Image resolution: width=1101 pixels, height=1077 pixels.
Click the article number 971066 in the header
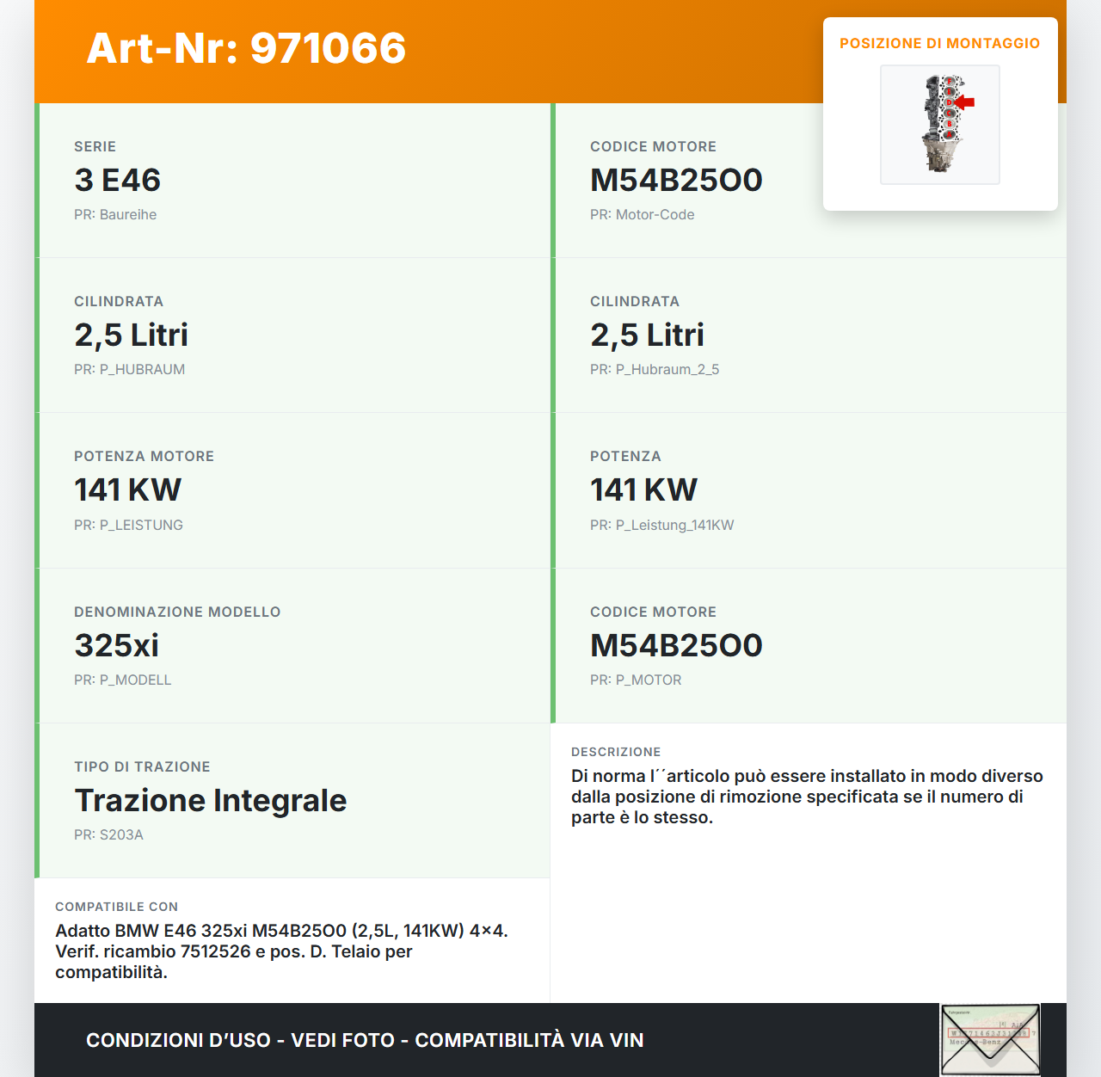click(x=328, y=48)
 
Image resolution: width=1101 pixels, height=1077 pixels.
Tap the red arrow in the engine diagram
click(x=965, y=102)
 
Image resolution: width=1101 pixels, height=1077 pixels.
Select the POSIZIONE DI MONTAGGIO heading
click(x=939, y=43)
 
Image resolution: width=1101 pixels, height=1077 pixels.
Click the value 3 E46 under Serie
click(x=117, y=180)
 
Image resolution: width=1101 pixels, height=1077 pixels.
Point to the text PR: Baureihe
click(x=115, y=214)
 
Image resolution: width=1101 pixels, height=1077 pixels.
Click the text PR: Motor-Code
click(x=642, y=214)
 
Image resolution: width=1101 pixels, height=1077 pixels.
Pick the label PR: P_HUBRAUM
click(x=129, y=369)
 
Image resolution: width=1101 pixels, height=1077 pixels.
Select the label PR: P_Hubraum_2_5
click(x=654, y=369)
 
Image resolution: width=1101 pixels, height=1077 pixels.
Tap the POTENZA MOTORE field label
click(x=144, y=456)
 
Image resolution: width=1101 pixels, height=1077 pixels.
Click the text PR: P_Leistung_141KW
click(x=661, y=525)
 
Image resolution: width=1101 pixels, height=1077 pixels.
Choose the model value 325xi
click(x=116, y=645)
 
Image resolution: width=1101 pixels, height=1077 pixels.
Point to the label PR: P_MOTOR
click(x=635, y=680)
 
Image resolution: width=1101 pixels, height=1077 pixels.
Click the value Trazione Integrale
click(x=210, y=800)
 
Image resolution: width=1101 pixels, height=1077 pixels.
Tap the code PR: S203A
click(x=108, y=834)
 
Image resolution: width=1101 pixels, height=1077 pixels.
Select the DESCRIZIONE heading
click(x=616, y=752)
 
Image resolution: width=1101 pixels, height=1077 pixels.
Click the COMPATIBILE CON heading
click(x=116, y=907)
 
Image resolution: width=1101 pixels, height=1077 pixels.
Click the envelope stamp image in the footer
click(x=990, y=1039)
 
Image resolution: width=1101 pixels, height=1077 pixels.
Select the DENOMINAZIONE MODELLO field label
click(x=177, y=612)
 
